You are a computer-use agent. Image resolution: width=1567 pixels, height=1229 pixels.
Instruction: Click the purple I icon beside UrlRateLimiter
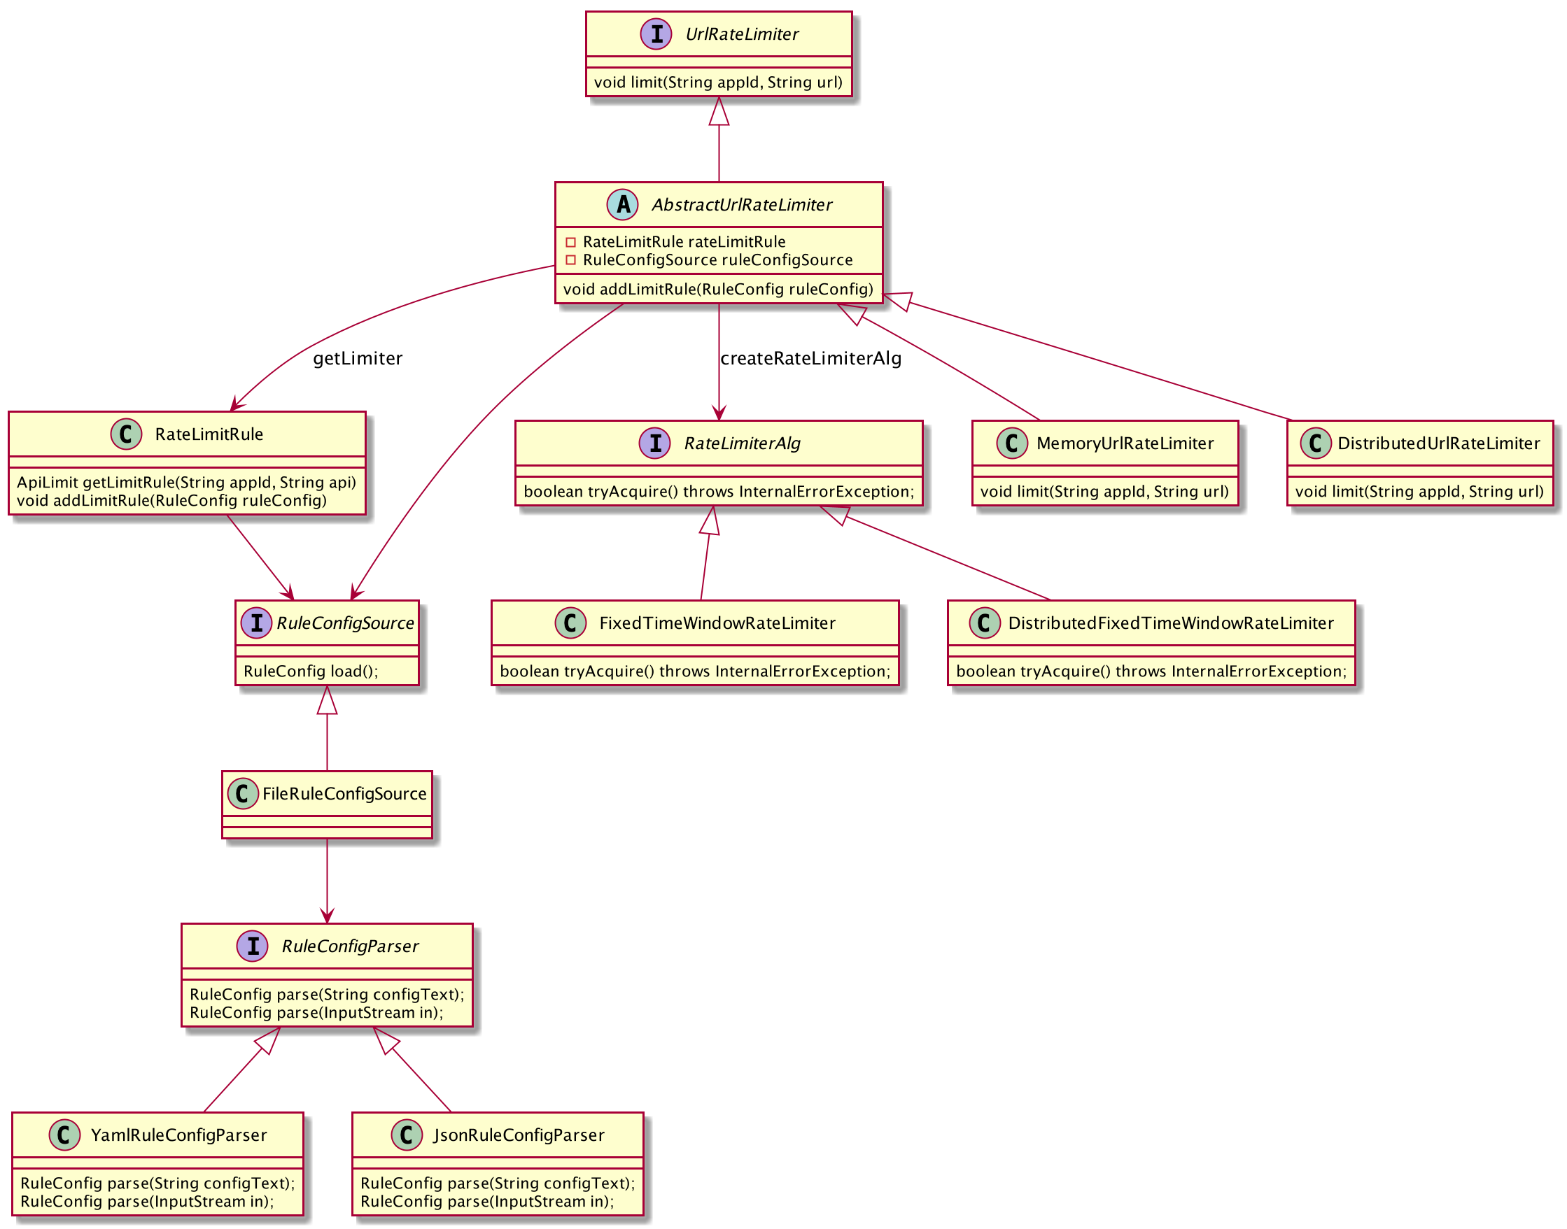coord(656,34)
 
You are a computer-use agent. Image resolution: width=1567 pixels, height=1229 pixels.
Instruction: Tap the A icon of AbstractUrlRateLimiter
coord(623,204)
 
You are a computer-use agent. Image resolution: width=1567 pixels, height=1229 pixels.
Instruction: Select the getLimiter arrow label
coord(357,358)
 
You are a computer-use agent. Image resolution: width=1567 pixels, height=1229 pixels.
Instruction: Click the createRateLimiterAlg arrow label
coord(810,358)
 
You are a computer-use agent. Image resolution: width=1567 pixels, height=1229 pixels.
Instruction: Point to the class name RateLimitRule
coord(209,434)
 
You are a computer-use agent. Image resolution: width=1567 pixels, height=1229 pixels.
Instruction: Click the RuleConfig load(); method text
coord(310,672)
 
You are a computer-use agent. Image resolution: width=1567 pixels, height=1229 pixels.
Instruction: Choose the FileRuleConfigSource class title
coord(344,794)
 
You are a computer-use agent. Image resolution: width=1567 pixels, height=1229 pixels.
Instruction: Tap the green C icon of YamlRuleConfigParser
coord(64,1135)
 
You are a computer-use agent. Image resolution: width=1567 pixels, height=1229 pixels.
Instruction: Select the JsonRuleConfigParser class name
coord(519,1135)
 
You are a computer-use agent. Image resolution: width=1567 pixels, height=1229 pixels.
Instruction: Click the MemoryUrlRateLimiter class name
coord(1124,443)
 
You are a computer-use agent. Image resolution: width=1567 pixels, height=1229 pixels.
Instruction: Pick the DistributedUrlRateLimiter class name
coord(1438,443)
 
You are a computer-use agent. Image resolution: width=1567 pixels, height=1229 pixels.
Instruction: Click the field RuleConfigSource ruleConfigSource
coord(717,260)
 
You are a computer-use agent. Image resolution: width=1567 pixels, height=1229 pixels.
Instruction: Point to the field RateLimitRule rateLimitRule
coord(684,242)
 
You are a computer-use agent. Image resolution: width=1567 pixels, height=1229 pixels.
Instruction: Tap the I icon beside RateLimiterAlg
coord(655,443)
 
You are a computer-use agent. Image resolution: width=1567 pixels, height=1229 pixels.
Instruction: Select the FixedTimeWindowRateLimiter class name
coord(717,623)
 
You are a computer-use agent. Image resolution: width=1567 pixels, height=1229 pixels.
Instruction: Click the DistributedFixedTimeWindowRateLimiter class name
coord(1170,623)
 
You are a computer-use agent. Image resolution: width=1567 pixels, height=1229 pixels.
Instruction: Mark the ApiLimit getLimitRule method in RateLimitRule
coord(186,482)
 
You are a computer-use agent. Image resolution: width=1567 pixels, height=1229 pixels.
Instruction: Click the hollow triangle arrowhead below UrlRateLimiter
coord(718,111)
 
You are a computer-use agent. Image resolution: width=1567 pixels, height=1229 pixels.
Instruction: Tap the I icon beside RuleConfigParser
coord(253,946)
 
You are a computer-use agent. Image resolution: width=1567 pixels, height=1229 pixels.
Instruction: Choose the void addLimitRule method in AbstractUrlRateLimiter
coord(717,290)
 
